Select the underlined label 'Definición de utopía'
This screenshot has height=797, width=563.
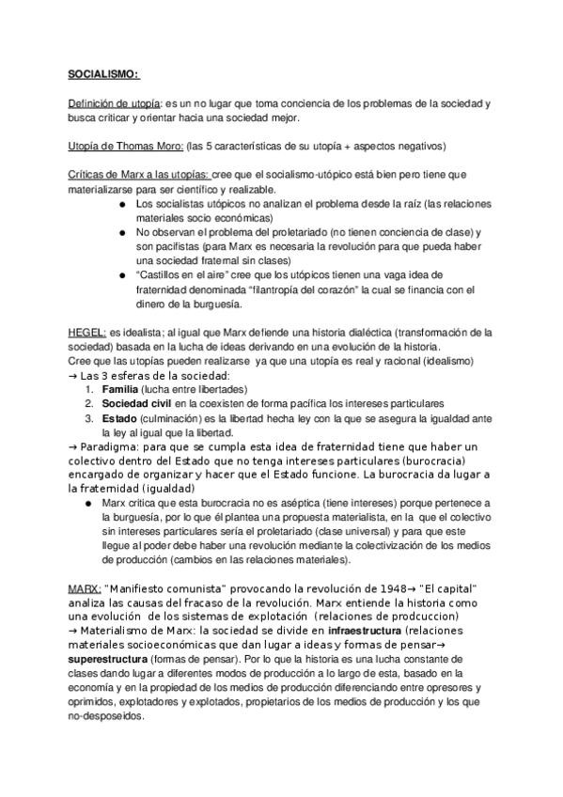point(114,103)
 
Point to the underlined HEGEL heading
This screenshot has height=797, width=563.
point(86,333)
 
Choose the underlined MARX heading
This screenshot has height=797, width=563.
point(86,587)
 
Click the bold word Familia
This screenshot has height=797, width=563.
point(119,388)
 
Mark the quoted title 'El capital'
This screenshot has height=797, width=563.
point(425,587)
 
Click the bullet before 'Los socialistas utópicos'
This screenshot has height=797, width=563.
point(125,203)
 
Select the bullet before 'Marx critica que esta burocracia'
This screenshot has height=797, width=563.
point(87,503)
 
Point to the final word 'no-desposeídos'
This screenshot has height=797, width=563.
point(107,715)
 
